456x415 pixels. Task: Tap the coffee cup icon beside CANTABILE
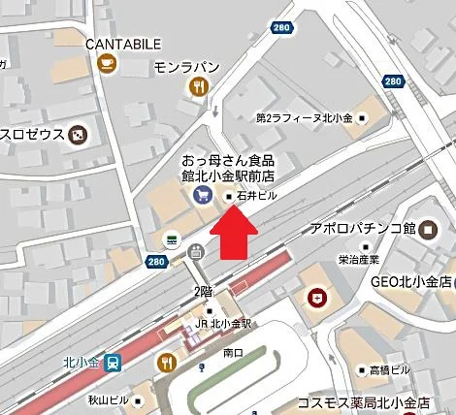(106, 64)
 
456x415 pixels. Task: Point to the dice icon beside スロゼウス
(76, 133)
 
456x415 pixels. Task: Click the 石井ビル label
(256, 196)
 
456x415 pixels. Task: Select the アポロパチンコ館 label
(362, 228)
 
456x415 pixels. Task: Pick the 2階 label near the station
(203, 291)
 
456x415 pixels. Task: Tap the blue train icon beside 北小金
(114, 363)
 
